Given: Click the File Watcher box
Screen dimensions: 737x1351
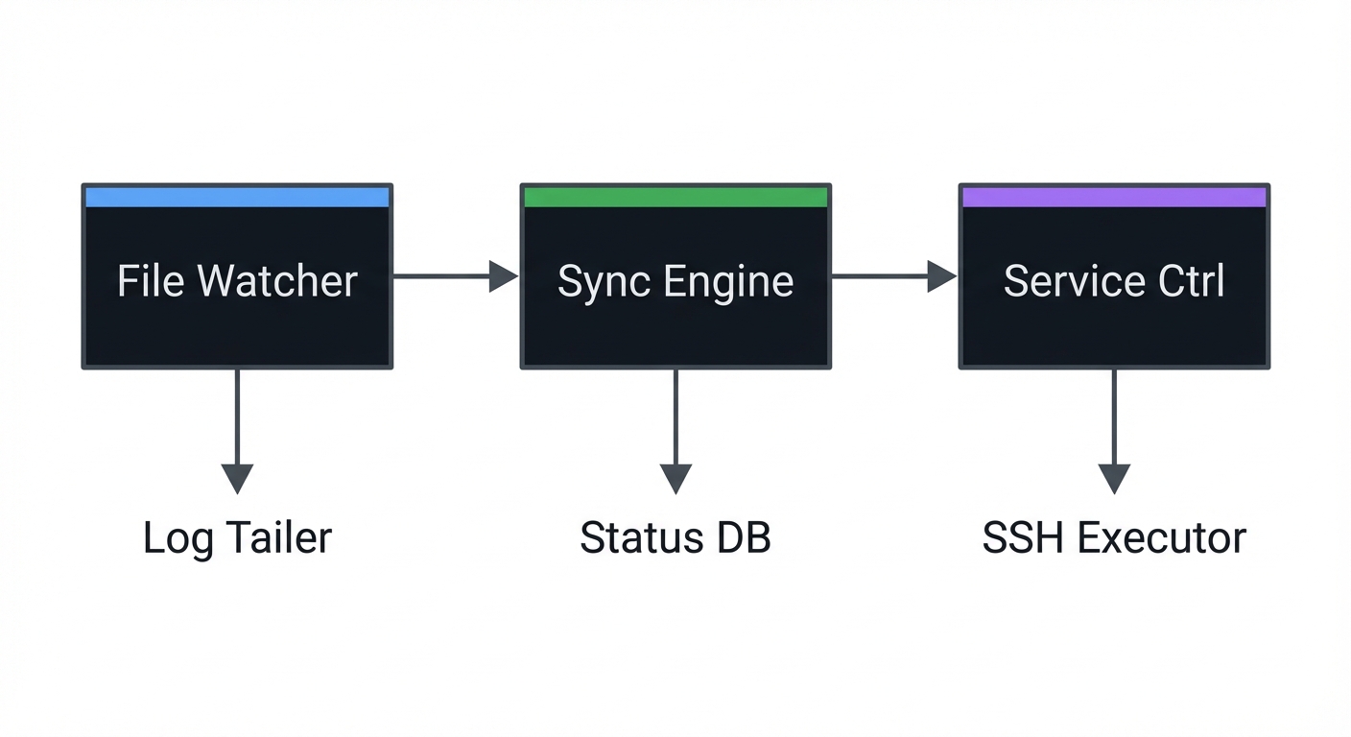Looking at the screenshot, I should coord(237,288).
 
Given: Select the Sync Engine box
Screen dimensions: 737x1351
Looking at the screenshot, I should coord(675,288).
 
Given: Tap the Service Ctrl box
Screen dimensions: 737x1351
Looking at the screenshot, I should coord(1114,288).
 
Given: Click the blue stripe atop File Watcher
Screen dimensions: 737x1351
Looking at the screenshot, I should coord(237,198).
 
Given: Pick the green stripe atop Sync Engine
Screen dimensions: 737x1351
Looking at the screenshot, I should coord(675,198).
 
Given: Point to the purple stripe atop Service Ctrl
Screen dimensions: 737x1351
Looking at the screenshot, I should coord(1114,198).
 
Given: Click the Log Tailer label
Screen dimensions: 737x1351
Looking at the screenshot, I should coord(237,537).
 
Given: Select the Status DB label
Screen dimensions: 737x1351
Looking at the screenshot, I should coord(675,537).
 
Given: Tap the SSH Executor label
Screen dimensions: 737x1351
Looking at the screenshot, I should coord(1114,537).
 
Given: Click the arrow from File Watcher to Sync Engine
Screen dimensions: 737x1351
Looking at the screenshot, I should coord(455,276).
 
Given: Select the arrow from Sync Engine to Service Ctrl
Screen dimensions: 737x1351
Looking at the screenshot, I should coord(893,276).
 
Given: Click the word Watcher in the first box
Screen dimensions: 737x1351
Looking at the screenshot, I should coord(277,281).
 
